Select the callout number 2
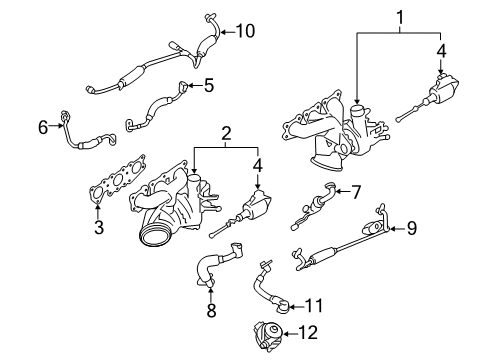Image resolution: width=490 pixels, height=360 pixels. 227,132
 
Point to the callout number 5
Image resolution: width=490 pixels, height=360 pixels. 208,86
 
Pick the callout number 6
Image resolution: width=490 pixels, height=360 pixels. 43,126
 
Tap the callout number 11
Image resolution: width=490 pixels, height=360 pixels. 313,305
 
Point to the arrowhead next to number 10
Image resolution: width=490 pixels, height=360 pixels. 224,32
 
